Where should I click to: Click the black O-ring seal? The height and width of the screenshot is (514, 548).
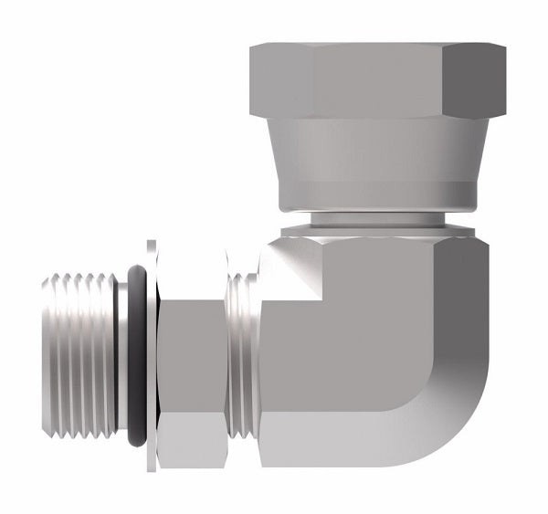pyautogui.click(x=137, y=356)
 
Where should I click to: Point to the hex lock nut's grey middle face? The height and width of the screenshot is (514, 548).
pyautogui.click(x=192, y=356)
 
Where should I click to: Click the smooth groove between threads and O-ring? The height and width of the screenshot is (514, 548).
pyautogui.click(x=122, y=356)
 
